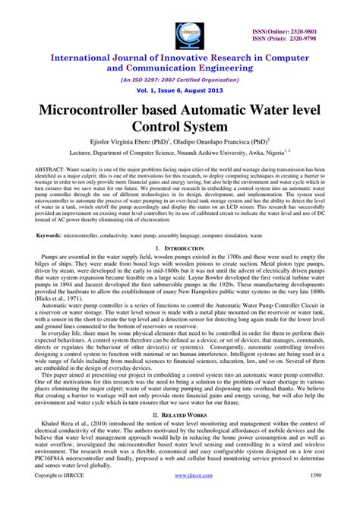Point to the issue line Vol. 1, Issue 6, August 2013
click(180, 89)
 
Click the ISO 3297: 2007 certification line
click(180, 77)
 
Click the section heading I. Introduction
click(180, 248)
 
